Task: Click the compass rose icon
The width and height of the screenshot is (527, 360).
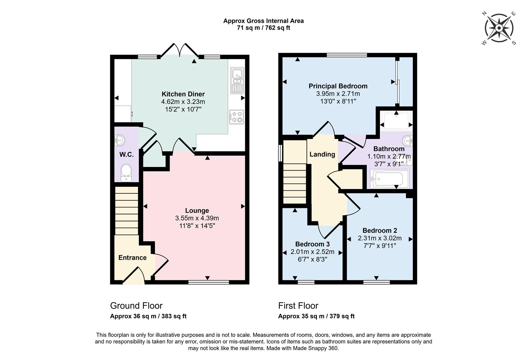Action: (499, 28)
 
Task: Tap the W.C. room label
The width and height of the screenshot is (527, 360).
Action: (127, 155)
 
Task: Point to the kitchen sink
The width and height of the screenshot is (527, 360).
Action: (237, 81)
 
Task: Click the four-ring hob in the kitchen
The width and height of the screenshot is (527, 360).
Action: (237, 117)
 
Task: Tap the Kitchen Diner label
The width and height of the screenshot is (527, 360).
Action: (183, 94)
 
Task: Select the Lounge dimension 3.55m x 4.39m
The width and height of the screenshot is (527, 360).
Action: (197, 218)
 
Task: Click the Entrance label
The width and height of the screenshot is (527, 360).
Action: (132, 258)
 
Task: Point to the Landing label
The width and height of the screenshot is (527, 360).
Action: (322, 154)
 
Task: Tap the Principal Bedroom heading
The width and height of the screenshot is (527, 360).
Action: (338, 86)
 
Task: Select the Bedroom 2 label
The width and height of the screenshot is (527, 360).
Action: (379, 230)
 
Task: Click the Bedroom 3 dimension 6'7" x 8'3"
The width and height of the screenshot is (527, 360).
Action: (312, 259)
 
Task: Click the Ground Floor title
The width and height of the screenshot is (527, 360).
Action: (136, 306)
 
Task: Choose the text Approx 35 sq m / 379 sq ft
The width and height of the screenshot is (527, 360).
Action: (316, 316)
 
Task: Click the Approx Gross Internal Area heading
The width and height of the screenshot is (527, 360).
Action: (263, 21)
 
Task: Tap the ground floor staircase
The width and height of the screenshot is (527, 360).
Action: (126, 211)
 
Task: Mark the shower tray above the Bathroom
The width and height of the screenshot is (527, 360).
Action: (396, 121)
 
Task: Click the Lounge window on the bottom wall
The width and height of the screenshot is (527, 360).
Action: (209, 282)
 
